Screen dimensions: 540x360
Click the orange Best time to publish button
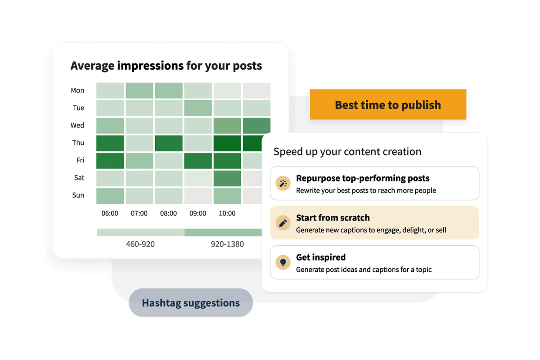tap(388, 104)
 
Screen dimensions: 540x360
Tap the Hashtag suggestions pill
tap(191, 302)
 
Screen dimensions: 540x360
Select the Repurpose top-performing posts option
tap(374, 183)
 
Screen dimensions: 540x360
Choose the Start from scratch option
tap(374, 223)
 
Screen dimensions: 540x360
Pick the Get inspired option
tap(374, 262)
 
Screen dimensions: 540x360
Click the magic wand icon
tap(283, 184)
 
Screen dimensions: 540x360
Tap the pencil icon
tap(283, 223)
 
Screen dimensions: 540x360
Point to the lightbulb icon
tap(283, 262)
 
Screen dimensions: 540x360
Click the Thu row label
tap(78, 143)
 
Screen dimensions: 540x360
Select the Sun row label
tap(78, 195)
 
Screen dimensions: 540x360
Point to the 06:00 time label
tap(110, 213)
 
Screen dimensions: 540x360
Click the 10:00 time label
tap(227, 213)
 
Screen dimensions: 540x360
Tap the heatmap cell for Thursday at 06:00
tap(110, 143)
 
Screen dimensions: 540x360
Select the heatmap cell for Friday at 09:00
tap(198, 161)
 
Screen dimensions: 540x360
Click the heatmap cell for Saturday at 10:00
tap(227, 179)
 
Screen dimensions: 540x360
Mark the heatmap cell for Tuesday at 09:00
tap(198, 108)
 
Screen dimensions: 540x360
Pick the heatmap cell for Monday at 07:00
tap(139, 90)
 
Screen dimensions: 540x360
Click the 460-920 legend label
tap(140, 244)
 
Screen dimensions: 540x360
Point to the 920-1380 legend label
tap(227, 244)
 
